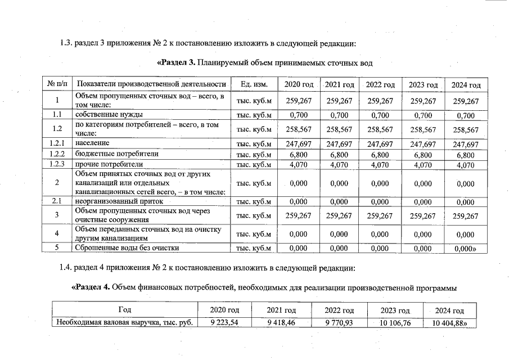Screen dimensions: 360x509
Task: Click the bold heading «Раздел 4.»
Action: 91,288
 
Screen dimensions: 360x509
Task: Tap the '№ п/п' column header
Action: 57,84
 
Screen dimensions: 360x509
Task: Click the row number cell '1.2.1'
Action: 57,144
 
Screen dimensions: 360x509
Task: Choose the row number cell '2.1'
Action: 57,201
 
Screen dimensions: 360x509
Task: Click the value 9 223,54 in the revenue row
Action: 224,322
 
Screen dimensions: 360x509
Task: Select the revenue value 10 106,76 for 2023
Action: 394,322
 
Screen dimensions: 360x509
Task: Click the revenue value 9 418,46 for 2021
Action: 281,322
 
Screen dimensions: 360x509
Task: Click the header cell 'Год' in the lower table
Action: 125,310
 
